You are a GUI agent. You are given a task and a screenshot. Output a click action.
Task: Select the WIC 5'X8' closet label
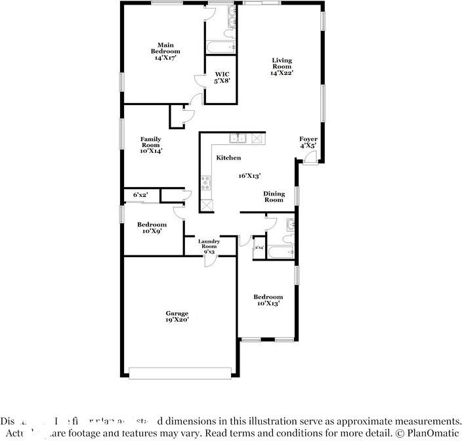coord(222,77)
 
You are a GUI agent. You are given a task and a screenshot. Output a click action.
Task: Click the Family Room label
coord(151,144)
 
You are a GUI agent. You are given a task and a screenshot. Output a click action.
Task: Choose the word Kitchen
coord(228,157)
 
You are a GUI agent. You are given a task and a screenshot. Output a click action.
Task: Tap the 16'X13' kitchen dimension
coord(250,176)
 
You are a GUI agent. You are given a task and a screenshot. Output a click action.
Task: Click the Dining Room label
coord(274,196)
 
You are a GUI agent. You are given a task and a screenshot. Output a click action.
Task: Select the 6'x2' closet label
coord(140,195)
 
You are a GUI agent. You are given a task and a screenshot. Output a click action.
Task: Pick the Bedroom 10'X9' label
coord(152,228)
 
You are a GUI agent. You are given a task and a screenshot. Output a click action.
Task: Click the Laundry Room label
coord(209,244)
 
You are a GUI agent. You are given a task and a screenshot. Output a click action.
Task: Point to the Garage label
coord(177,317)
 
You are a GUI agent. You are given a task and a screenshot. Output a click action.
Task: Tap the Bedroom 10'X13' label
coord(268,301)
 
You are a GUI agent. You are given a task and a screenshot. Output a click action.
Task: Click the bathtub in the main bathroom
coord(220,47)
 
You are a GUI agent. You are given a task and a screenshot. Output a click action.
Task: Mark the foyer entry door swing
coord(314,156)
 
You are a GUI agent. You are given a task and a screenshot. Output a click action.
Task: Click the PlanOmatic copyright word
coord(431,433)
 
